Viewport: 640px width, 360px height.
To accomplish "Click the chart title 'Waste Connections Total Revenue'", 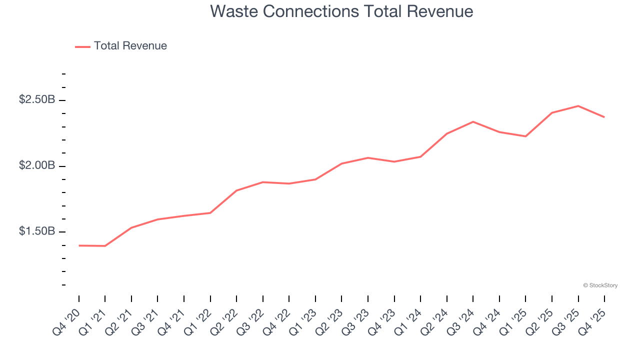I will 341,11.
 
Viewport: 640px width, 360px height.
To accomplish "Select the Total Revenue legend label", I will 130,46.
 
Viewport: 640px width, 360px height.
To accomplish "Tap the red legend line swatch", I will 82,46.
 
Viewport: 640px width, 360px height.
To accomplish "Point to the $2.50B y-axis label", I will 36,100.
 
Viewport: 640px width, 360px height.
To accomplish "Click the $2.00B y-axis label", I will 36,165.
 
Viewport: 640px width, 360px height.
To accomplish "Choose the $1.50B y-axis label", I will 36,231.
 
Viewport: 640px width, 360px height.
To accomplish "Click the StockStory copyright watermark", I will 600,285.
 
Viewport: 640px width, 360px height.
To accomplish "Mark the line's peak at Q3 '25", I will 578,106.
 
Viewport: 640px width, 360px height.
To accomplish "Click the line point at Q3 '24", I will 473,121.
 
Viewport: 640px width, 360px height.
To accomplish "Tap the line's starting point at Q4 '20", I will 79,245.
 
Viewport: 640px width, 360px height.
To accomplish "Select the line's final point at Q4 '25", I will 604,117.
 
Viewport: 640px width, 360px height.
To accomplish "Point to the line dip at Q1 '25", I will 525,136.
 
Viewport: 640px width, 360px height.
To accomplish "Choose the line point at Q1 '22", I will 210,213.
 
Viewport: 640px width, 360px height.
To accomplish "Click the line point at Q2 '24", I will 446,133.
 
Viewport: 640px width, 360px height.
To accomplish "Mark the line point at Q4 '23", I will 394,161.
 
